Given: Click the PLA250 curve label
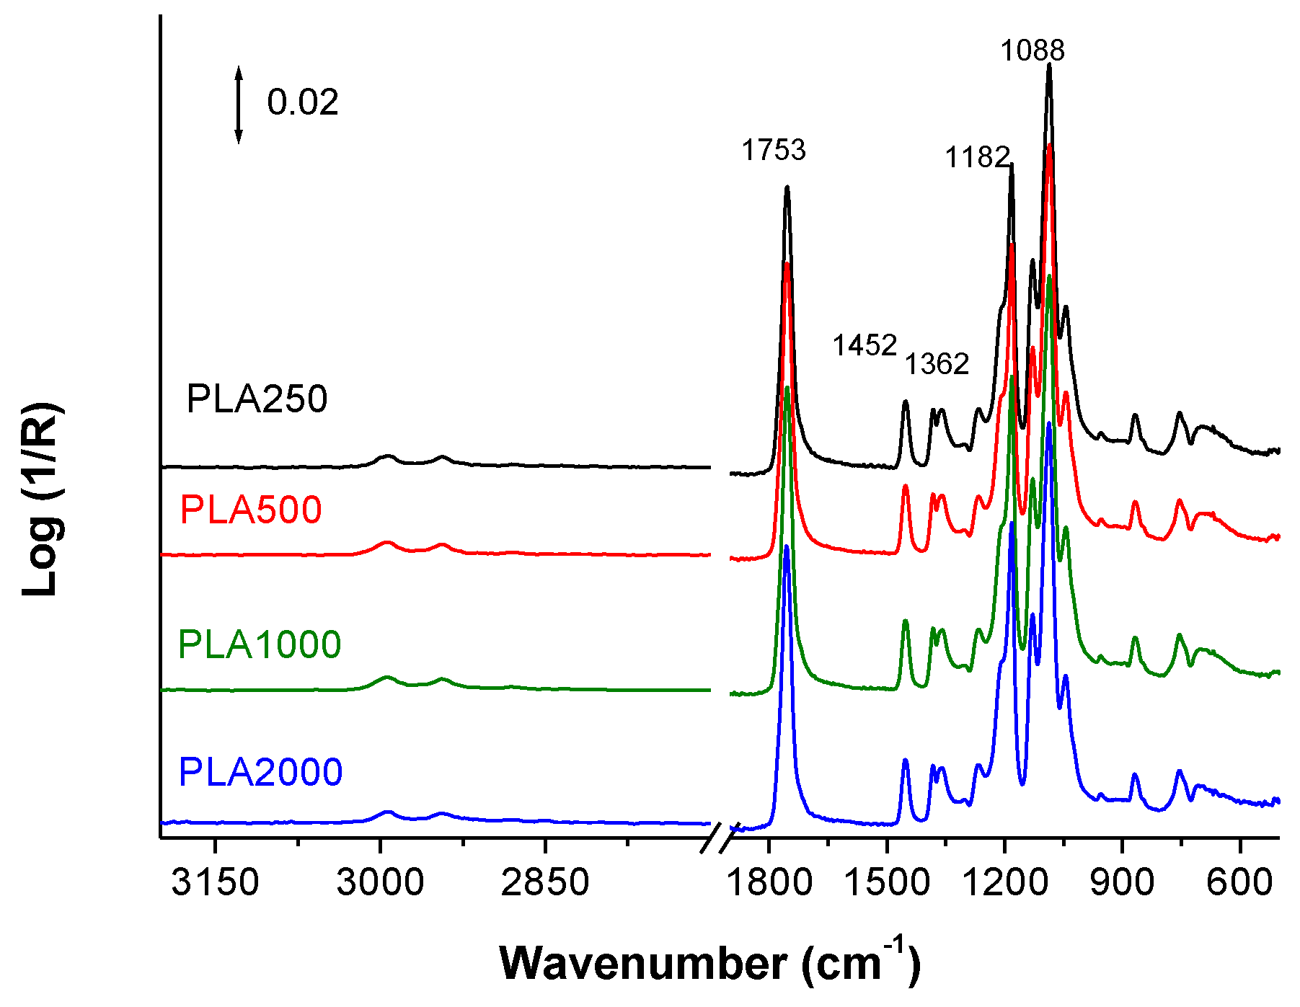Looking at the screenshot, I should [257, 399].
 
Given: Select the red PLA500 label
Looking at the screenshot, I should [250, 510].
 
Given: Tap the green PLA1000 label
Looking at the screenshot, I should [259, 644].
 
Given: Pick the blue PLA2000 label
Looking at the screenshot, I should [260, 771].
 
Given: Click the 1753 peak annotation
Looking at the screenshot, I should [774, 150].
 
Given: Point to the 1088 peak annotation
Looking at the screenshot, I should [1032, 50].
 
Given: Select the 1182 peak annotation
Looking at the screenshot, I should [977, 156].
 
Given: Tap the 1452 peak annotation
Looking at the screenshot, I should [865, 345].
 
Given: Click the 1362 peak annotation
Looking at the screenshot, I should [937, 364].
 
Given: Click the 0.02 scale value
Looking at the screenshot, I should [302, 102].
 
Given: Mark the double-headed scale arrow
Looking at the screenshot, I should [239, 105].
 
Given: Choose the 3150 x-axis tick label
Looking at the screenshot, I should [215, 882].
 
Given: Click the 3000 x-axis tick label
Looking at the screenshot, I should [380, 882].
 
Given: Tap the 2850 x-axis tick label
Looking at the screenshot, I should [545, 882].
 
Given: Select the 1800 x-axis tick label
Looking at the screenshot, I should [769, 882].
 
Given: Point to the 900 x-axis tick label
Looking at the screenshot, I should [1122, 882].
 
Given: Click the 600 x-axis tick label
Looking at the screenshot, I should [1239, 882].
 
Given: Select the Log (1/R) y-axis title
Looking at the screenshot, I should [41, 500].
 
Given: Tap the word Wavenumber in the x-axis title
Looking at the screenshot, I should [643, 963].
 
